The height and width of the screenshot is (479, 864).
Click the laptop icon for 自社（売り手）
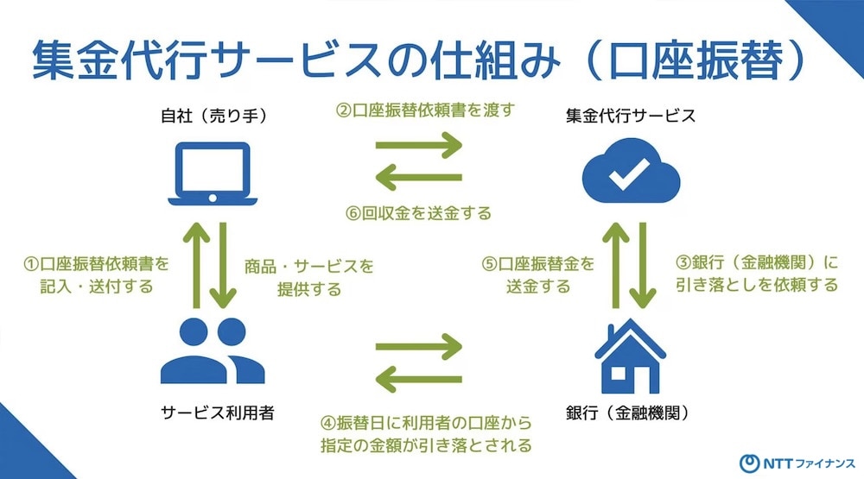tap(213, 173)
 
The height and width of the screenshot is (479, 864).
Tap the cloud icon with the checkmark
tap(631, 171)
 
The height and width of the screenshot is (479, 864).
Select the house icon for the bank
tap(631, 356)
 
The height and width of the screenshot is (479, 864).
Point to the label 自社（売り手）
tap(213, 116)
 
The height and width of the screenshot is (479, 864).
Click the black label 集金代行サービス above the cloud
tap(631, 116)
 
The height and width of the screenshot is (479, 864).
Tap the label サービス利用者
tap(218, 413)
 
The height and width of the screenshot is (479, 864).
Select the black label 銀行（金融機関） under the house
tap(627, 413)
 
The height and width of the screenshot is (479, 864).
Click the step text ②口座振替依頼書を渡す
tap(425, 110)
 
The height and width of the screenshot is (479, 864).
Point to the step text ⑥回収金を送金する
tap(418, 213)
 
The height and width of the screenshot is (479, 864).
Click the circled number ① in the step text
tap(31, 264)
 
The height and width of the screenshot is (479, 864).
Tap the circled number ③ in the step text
tap(683, 262)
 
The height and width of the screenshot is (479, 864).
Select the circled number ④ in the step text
tap(328, 423)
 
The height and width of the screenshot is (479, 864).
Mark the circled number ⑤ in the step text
tap(489, 264)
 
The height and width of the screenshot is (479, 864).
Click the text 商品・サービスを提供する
tap(309, 278)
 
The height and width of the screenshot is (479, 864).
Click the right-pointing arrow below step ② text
tap(419, 145)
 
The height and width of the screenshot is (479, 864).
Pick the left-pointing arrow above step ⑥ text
tap(419, 177)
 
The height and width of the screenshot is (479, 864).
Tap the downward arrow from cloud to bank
tap(643, 265)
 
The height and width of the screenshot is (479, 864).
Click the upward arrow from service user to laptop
tap(197, 265)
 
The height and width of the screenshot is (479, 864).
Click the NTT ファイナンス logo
tap(797, 463)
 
